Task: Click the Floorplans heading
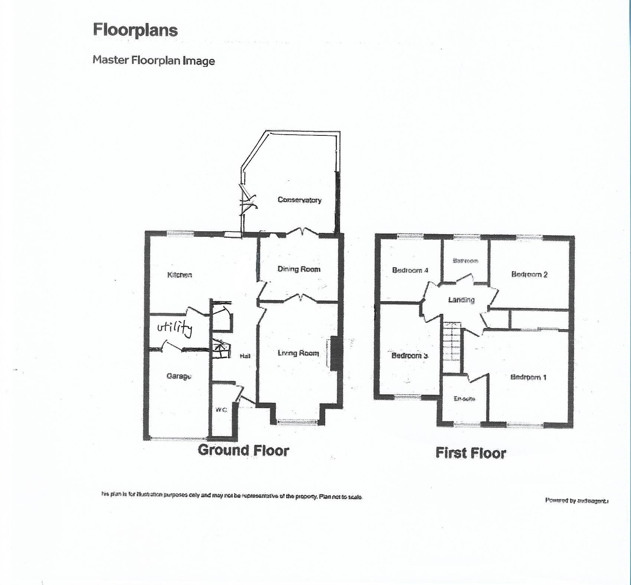[135, 30]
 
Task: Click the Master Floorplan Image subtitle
[154, 60]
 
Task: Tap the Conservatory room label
[299, 200]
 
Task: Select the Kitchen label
[180, 275]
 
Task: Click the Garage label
[179, 376]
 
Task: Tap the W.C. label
[221, 410]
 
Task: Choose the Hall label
[245, 356]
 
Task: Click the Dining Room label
[299, 269]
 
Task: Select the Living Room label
[298, 353]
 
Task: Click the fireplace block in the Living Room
[333, 353]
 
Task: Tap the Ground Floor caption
[243, 450]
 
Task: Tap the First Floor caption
[470, 453]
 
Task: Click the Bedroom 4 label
[410, 270]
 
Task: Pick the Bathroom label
[465, 261]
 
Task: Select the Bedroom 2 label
[529, 275]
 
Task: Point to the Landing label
[461, 300]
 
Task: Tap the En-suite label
[464, 399]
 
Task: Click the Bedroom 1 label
[528, 377]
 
